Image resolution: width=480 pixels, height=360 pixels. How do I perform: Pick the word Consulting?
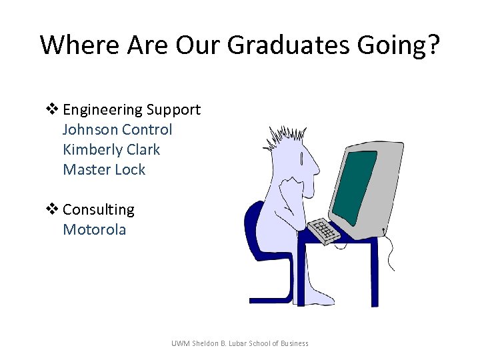[98, 210]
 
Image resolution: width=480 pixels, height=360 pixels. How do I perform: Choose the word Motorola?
[94, 230]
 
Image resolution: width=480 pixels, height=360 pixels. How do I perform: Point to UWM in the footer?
[180, 343]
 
